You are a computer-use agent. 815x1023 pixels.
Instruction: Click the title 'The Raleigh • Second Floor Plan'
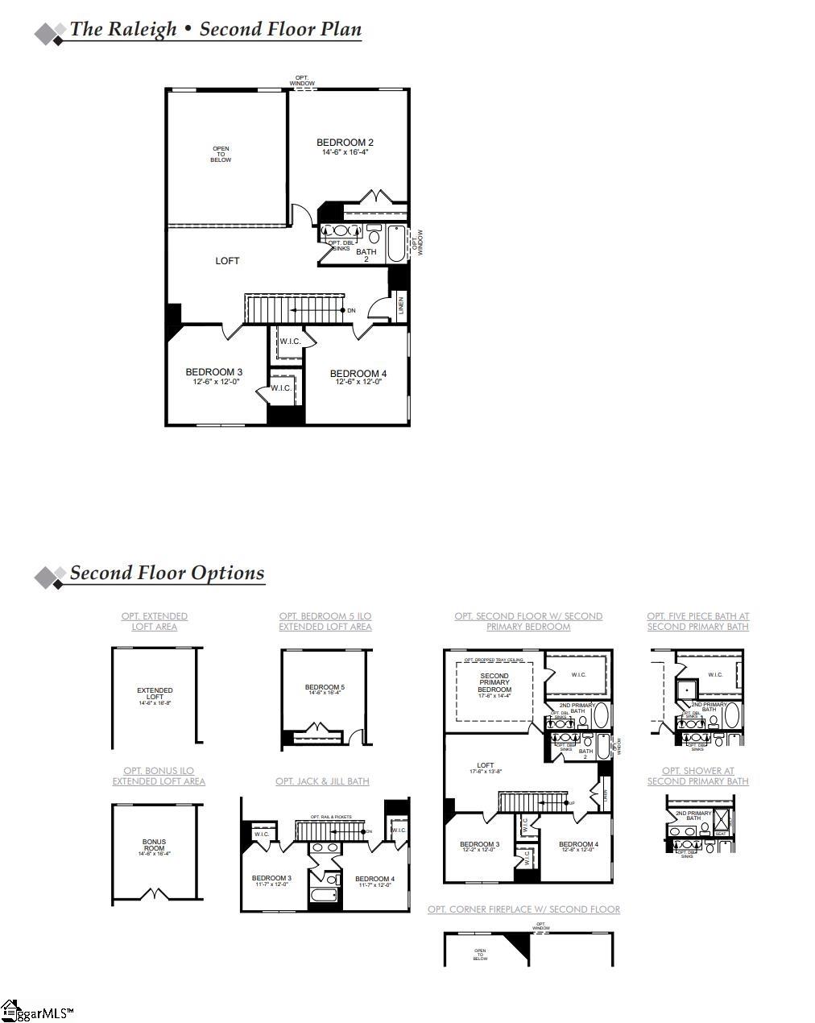coord(215,30)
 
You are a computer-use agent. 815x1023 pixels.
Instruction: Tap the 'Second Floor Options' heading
coord(167,574)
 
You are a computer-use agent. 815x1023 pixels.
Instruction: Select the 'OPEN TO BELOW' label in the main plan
coord(221,154)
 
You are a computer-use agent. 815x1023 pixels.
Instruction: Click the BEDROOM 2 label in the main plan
coord(345,143)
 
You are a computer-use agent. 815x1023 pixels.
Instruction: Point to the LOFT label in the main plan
coord(227,261)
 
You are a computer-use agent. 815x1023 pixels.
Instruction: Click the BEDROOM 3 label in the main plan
coord(213,372)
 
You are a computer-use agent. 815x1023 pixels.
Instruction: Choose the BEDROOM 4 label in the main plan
coord(358,374)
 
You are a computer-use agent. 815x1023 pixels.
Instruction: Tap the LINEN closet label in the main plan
coord(400,306)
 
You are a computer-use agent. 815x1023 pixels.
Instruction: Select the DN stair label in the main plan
coord(351,310)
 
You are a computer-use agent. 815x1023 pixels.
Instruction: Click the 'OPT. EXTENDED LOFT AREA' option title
coord(155,621)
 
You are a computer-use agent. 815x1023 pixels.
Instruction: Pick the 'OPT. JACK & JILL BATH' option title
coord(322,781)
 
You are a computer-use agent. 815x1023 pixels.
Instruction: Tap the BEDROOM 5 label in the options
coord(325,688)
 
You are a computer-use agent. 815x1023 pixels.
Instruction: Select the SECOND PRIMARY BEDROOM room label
coord(494,683)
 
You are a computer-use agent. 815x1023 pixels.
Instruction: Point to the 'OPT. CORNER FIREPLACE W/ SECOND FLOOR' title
coord(523,909)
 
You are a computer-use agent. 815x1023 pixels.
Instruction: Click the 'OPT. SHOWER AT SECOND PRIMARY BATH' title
coord(697,776)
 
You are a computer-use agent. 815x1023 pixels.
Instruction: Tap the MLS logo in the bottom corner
coord(36,1013)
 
